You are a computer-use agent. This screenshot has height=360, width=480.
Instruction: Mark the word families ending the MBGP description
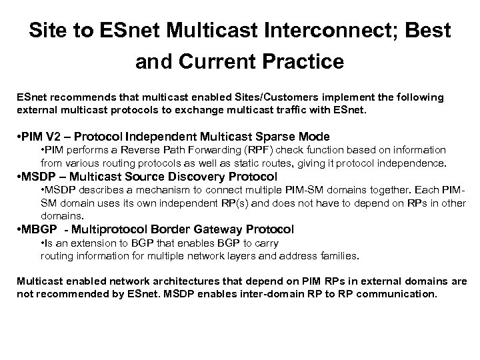(x=340, y=255)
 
